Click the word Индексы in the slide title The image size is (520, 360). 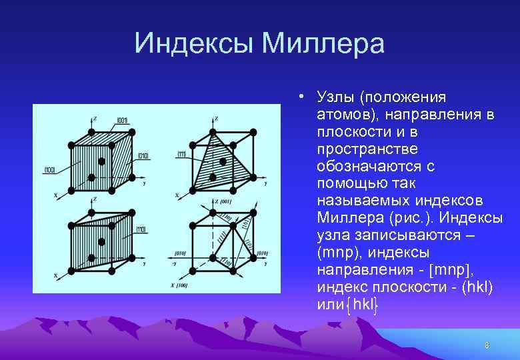pos(194,44)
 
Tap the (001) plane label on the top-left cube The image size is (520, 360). pos(123,120)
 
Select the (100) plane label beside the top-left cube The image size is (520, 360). pos(49,170)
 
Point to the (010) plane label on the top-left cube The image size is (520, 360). pos(143,156)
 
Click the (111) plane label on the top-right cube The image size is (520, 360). pos(181,155)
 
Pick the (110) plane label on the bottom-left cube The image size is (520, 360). pos(141,229)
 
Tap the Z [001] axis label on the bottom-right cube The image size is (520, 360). pos(222,202)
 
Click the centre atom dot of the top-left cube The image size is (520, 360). pos(101,161)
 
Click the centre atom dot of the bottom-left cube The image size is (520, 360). pos(101,241)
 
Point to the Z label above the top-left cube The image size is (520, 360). pos(95,118)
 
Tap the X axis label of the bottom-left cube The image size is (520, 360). pos(55,275)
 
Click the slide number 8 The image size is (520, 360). pos(487,345)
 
